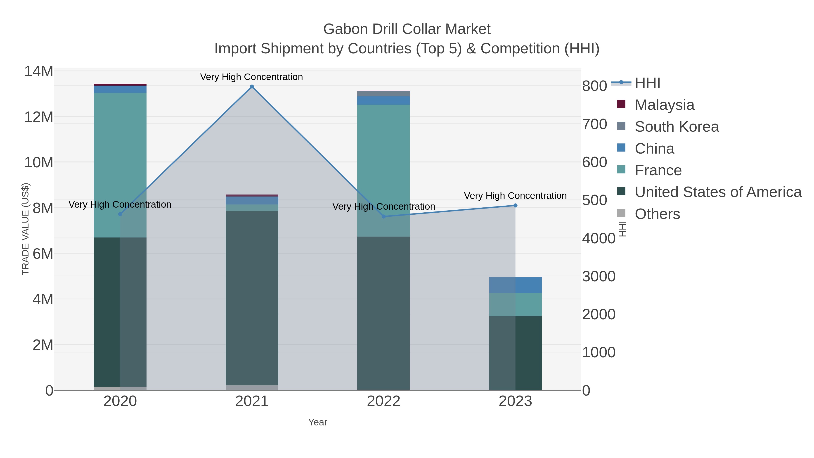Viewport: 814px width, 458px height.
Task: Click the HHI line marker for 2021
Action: (x=252, y=87)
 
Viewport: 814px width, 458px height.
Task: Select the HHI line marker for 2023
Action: (x=515, y=205)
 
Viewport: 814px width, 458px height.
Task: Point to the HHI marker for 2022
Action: (x=384, y=216)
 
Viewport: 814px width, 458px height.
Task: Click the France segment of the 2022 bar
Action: (x=384, y=171)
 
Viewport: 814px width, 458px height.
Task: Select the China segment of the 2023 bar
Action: (x=515, y=285)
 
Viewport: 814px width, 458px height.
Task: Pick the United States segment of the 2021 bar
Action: (x=252, y=297)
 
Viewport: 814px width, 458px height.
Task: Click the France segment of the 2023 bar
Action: (x=515, y=304)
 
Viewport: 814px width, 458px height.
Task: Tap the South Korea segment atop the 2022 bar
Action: (x=384, y=94)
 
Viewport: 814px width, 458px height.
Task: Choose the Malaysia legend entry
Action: (x=664, y=105)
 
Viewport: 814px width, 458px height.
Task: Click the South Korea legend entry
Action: (x=677, y=127)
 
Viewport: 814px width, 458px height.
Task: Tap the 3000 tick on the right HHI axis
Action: (x=599, y=277)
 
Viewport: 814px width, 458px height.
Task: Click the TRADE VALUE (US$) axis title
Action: (x=25, y=229)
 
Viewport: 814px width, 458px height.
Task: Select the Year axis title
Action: (x=318, y=422)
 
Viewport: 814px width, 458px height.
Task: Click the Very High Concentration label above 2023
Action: (x=515, y=196)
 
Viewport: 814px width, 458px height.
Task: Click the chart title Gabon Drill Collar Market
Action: (x=407, y=29)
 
